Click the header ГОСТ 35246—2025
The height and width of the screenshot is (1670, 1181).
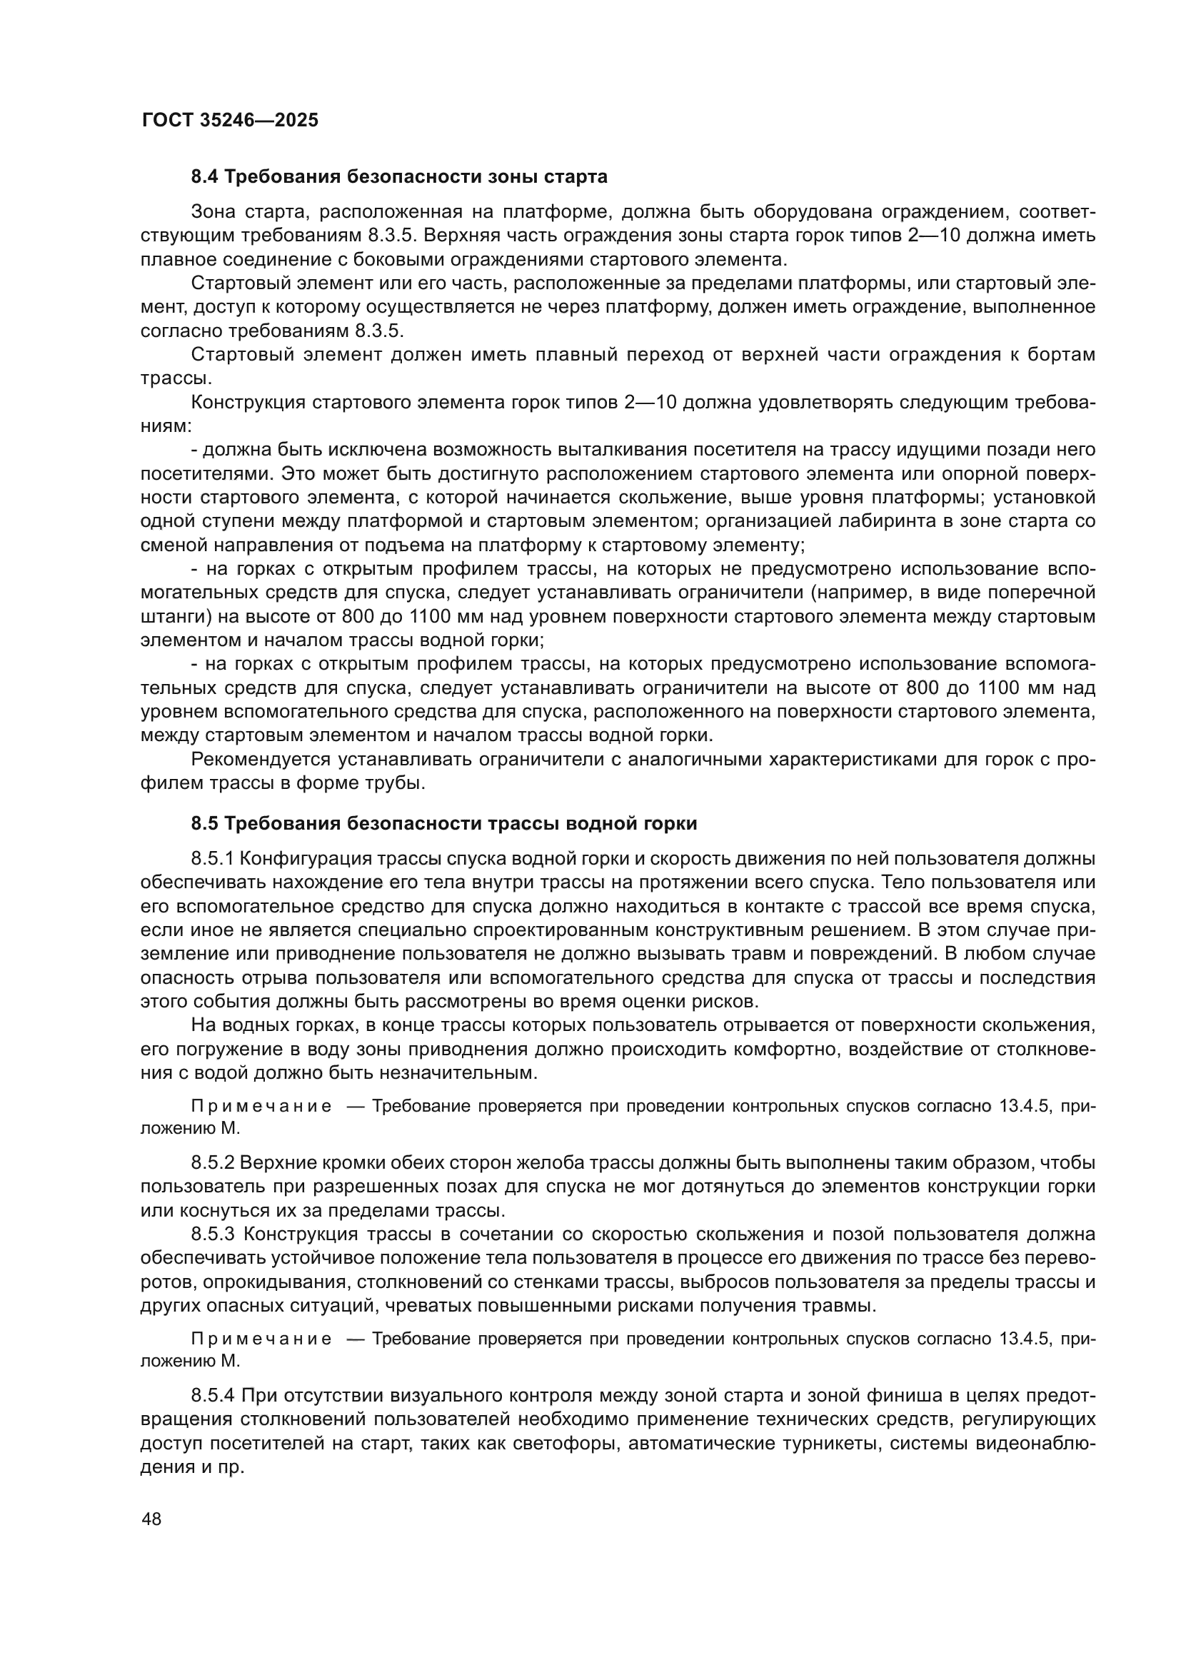(230, 120)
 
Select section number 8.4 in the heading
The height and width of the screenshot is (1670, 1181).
(206, 177)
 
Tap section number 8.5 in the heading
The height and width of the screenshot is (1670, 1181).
(206, 823)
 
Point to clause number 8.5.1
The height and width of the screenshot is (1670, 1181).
(211, 859)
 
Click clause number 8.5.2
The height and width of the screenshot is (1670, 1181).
(211, 1163)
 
